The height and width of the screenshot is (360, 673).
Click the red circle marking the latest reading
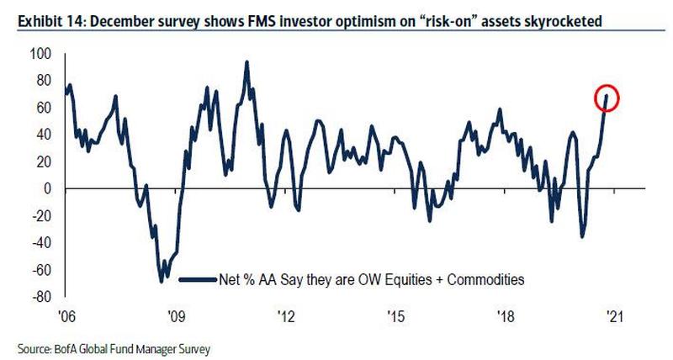point(606,98)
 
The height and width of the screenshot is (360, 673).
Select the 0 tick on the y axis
point(47,188)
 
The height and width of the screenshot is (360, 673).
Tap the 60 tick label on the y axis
point(43,108)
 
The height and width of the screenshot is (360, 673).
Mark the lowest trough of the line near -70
point(162,281)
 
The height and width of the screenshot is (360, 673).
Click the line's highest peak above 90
point(246,61)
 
